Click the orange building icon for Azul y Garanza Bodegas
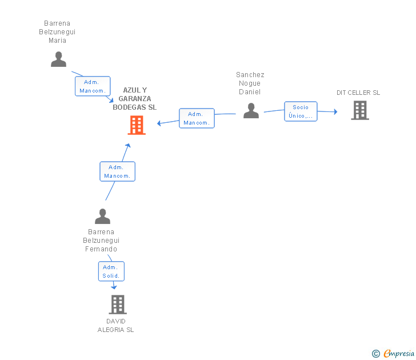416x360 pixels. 137,125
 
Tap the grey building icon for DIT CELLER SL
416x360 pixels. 360,110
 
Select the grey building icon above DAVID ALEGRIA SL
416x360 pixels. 117,305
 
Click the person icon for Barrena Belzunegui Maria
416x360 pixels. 58,59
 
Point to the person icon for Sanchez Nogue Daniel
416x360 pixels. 251,111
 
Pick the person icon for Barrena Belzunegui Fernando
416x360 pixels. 102,217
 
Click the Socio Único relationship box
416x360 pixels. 301,111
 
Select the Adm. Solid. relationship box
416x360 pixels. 110,271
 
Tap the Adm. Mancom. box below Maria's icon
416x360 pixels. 91,86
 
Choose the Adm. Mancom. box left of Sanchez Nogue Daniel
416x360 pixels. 197,118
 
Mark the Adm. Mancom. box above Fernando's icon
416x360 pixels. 117,171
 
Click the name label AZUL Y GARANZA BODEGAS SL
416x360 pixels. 135,99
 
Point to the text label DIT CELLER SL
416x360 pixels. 358,93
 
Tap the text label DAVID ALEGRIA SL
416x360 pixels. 116,325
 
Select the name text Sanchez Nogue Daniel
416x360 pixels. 250,83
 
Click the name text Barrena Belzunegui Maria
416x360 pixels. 57,32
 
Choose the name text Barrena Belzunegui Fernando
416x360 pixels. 101,241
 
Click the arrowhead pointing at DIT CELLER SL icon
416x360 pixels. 335,112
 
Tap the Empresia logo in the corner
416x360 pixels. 399,353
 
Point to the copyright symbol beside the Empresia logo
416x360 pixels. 376,354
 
